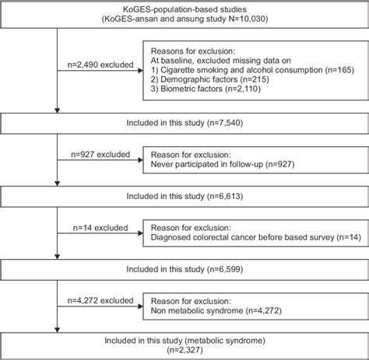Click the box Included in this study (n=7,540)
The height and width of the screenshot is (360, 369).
click(184, 123)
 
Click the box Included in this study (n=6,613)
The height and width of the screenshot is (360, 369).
click(184, 196)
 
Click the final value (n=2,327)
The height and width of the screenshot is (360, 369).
click(184, 349)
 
